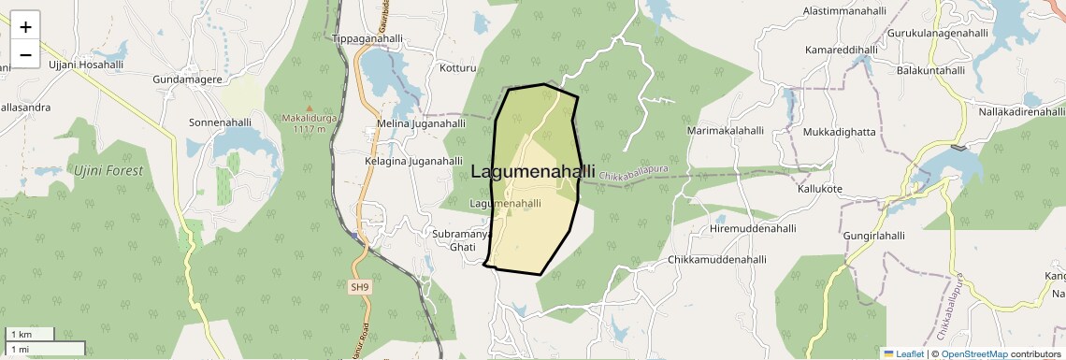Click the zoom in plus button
click(25, 27)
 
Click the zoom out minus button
click(25, 55)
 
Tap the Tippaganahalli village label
click(367, 39)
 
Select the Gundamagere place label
click(187, 80)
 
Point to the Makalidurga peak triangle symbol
click(310, 108)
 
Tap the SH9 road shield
click(360, 287)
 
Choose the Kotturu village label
click(458, 68)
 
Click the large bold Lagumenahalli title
click(533, 172)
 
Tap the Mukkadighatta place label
click(839, 132)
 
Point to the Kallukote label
click(819, 189)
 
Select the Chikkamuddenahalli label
click(717, 260)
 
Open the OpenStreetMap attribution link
click(974, 353)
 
